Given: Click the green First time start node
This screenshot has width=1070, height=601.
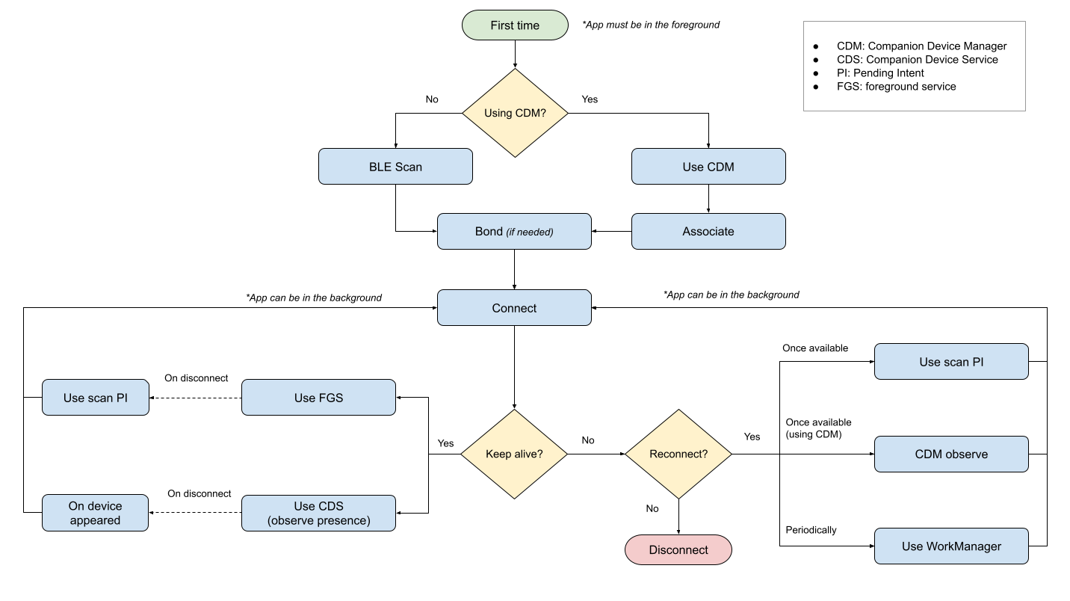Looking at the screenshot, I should pyautogui.click(x=515, y=25).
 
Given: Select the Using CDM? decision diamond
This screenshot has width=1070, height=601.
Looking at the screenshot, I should pyautogui.click(x=515, y=113).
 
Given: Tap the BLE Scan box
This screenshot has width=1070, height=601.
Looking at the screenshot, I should pyautogui.click(x=395, y=167).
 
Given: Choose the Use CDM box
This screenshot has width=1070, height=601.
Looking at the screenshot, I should pyautogui.click(x=708, y=167).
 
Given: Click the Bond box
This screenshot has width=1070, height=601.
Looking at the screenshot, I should pyautogui.click(x=514, y=232).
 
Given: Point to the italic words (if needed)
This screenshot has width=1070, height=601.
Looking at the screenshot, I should pyautogui.click(x=530, y=232).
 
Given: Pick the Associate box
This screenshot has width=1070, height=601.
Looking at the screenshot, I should pyautogui.click(x=708, y=232).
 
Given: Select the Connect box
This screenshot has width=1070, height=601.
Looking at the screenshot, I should pyautogui.click(x=514, y=308).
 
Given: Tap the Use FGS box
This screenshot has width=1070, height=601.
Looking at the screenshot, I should pyautogui.click(x=318, y=398).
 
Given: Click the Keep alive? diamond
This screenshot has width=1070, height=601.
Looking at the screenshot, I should pyautogui.click(x=514, y=454).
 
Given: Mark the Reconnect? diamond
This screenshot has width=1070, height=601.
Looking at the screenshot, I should pyautogui.click(x=678, y=454).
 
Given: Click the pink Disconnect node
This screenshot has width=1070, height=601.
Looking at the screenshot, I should pyautogui.click(x=678, y=550).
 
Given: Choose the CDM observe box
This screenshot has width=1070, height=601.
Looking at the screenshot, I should pyautogui.click(x=951, y=454).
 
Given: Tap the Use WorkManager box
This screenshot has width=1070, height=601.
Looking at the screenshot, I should pyautogui.click(x=951, y=546).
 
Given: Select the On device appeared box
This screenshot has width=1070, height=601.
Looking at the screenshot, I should pyautogui.click(x=95, y=513).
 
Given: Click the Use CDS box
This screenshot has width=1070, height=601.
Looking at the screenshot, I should pyautogui.click(x=318, y=507).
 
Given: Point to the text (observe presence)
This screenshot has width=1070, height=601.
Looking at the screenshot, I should pyautogui.click(x=318, y=521).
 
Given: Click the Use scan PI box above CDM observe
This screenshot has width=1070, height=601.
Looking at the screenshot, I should pyautogui.click(x=951, y=362).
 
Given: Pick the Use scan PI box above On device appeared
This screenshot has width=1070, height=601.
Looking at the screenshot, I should pyautogui.click(x=95, y=398).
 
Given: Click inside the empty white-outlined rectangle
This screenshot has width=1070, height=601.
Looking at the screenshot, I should pyautogui.click(x=914, y=66).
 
